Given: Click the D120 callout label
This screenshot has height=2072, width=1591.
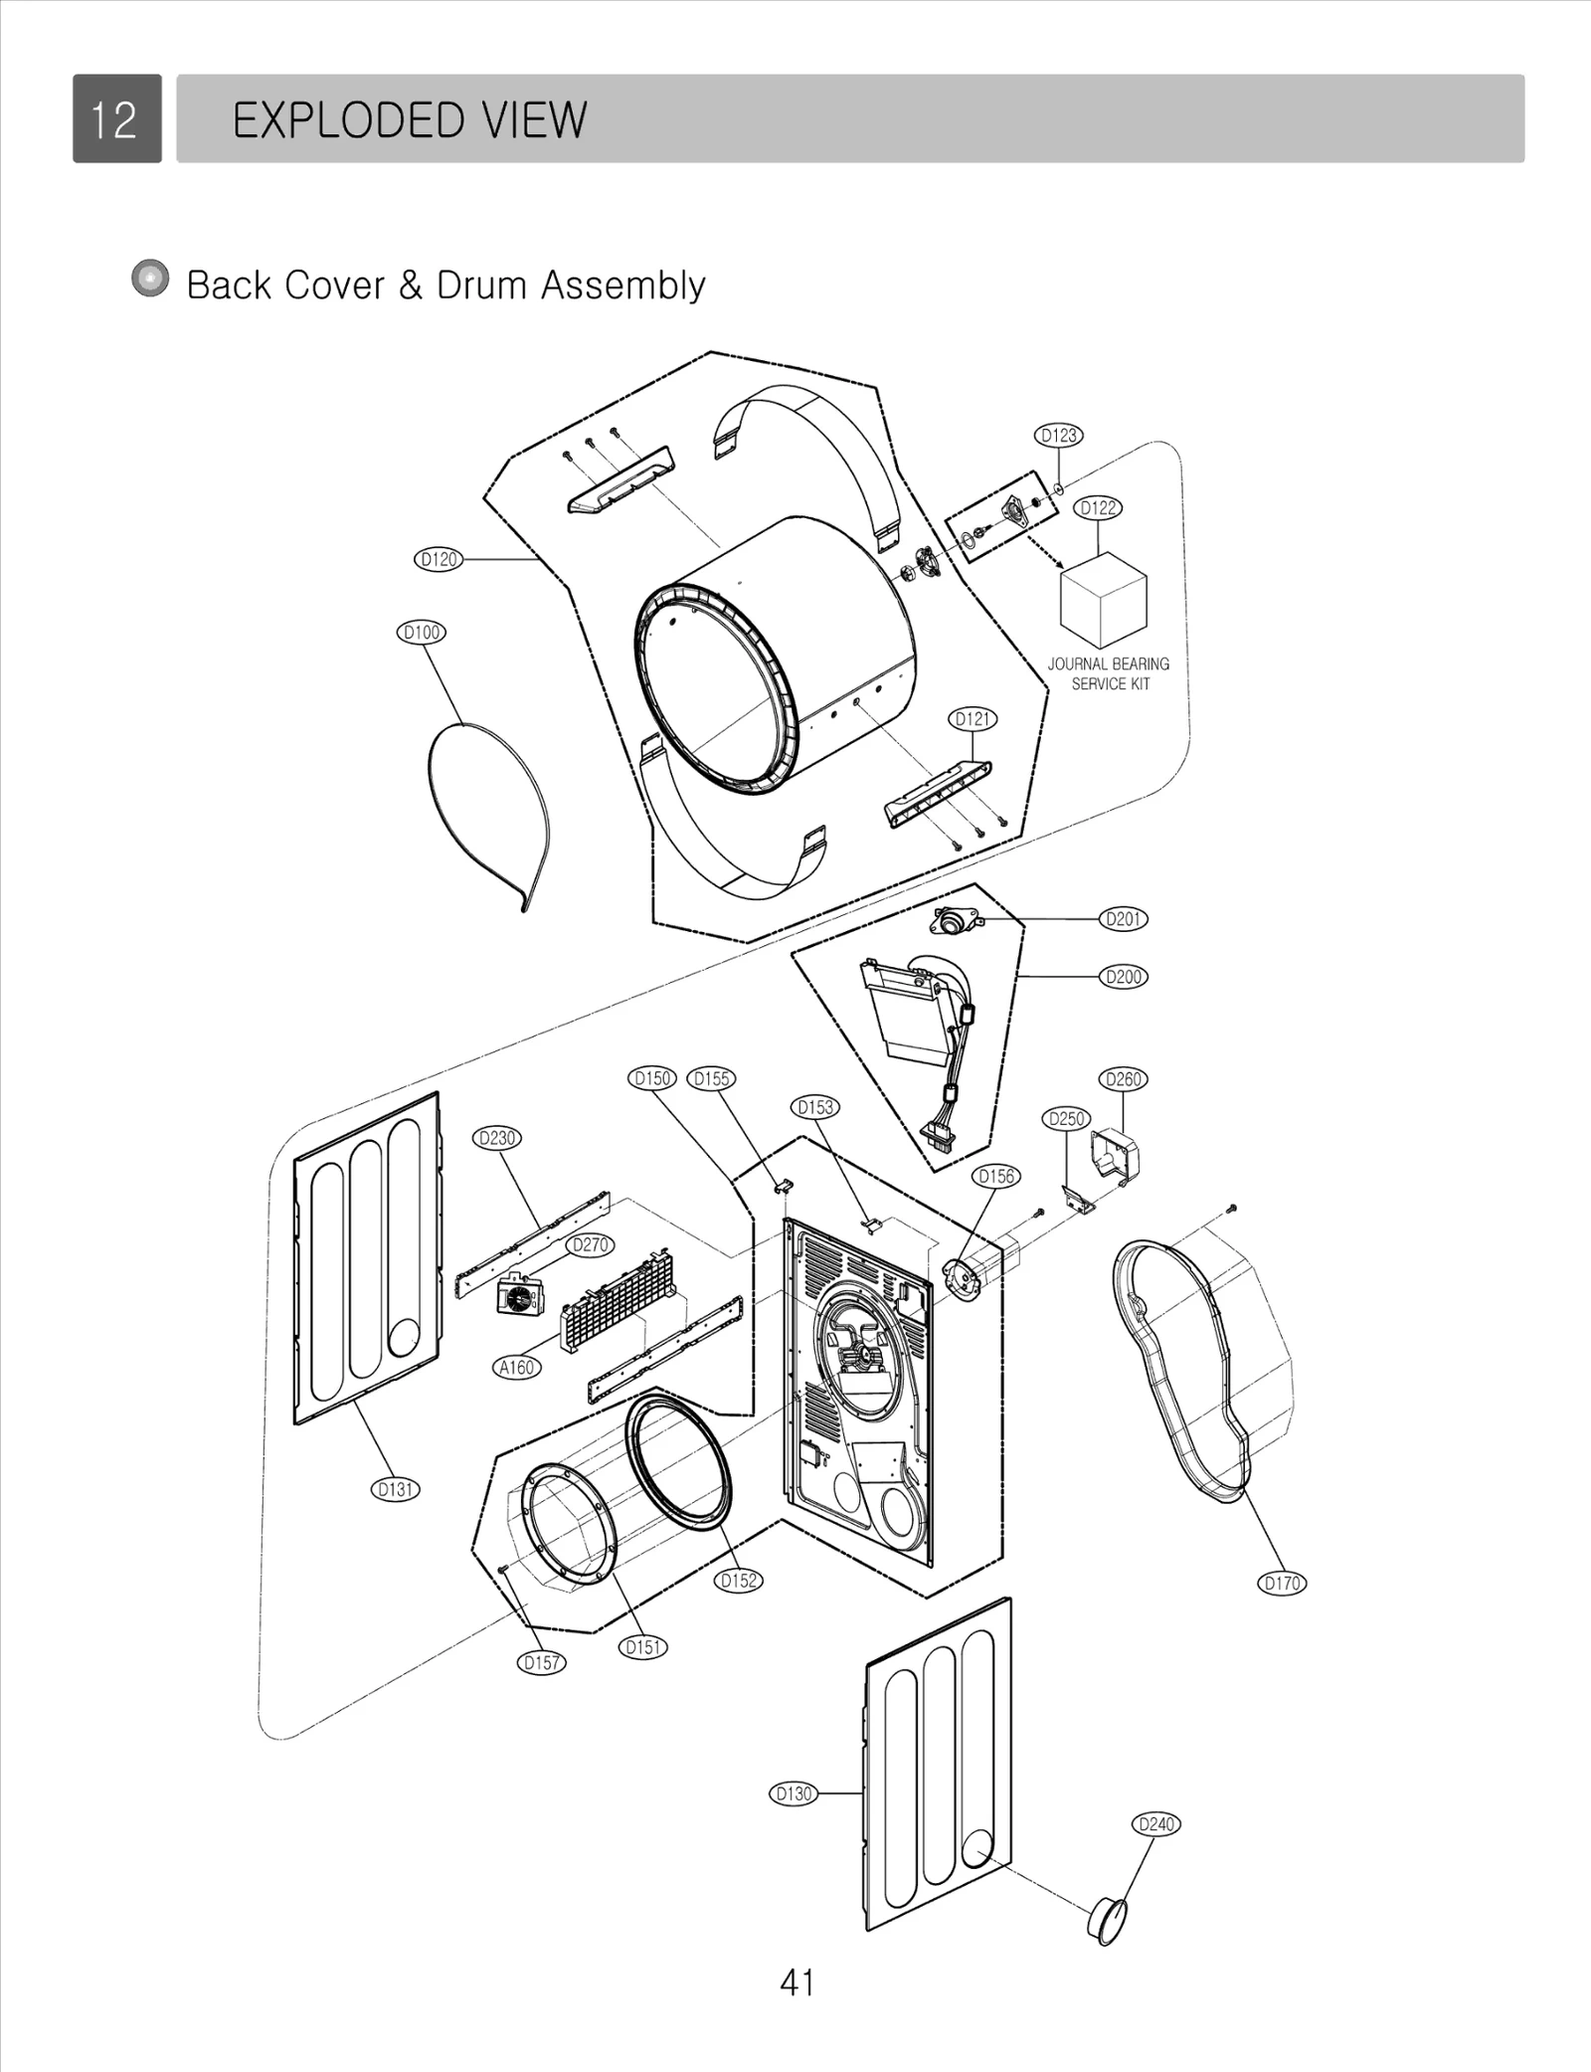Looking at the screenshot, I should point(439,559).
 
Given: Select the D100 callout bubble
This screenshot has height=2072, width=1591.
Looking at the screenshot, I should point(422,633).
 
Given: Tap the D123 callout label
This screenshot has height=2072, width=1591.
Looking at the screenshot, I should point(1058,435).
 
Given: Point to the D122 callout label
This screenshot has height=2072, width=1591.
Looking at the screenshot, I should point(1098,507).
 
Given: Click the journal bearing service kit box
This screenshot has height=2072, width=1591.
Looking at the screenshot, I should point(1103,599).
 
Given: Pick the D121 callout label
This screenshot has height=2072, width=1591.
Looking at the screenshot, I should point(973,718).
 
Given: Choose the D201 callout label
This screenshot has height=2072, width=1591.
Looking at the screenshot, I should point(1124,919).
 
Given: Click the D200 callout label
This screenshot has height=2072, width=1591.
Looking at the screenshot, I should point(1124,977).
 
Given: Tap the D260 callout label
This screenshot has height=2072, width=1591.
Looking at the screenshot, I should point(1124,1079).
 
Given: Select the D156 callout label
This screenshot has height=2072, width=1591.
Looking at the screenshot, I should point(996,1176).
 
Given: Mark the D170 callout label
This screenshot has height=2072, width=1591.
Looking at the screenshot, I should point(1282,1583).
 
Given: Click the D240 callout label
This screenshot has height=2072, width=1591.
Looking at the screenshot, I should point(1156,1824).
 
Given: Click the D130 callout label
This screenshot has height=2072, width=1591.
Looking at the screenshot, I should point(794,1793).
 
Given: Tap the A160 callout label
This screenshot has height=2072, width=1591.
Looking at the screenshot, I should point(517,1368).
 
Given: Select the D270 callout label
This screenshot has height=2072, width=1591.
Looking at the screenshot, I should point(591,1244).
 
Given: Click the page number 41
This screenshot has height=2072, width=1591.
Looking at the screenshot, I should point(797,1983).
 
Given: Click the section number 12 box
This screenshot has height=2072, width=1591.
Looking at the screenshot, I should point(116,118).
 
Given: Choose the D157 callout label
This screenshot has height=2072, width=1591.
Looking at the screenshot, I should point(542,1662).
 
